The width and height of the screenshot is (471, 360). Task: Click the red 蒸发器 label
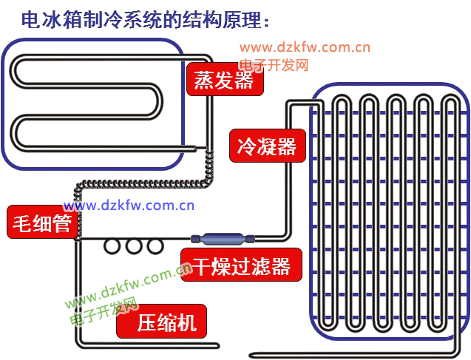point(224,80)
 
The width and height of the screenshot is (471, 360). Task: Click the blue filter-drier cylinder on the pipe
point(221,239)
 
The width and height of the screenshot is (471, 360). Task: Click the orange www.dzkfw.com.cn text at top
point(304,48)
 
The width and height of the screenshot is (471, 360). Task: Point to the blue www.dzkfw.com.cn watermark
point(128,206)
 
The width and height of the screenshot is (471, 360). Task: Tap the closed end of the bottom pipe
point(217,345)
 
